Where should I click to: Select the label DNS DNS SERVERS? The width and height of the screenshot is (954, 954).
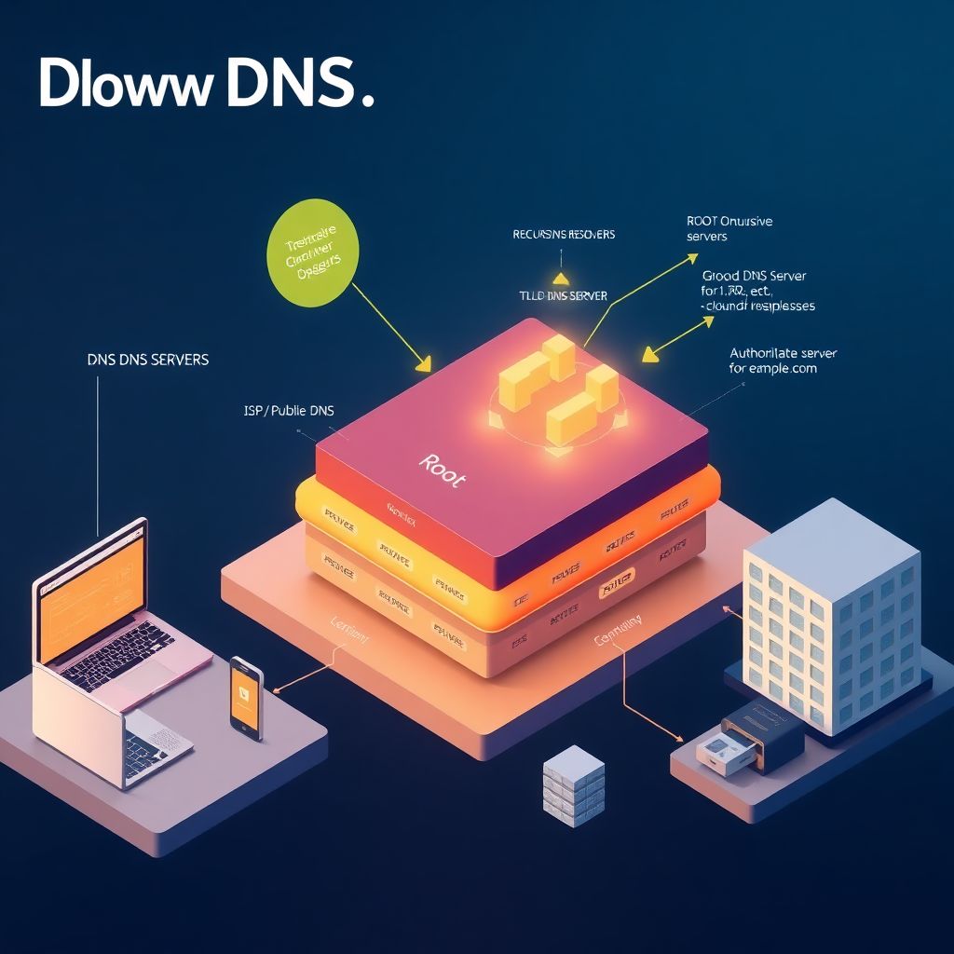pos(147,359)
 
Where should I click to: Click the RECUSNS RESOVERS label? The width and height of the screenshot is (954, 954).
pos(564,234)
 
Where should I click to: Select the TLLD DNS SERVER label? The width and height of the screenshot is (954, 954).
pos(563,295)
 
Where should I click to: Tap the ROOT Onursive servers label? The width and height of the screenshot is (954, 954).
pos(729,229)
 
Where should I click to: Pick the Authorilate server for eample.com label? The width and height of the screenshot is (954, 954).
pos(783,361)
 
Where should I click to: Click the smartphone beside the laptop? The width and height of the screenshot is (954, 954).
pos(247,698)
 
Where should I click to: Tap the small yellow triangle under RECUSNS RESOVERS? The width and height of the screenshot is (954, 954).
pos(560,277)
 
